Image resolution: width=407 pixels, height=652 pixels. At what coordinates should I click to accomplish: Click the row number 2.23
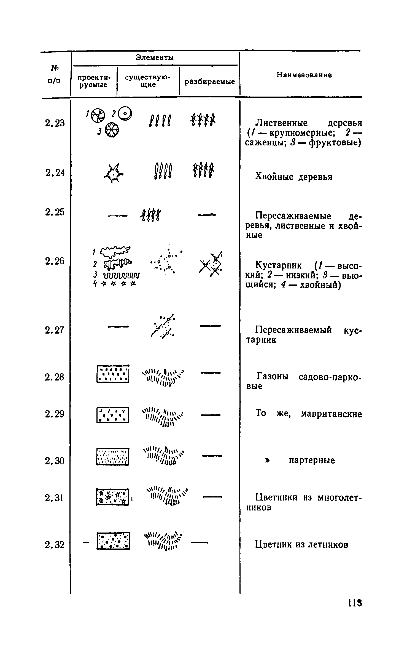(55, 123)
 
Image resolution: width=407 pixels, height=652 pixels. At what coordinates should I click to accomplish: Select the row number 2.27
(55, 330)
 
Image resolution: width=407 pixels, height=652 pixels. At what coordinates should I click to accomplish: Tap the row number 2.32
(55, 545)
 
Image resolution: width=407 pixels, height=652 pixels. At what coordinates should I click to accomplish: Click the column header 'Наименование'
(304, 75)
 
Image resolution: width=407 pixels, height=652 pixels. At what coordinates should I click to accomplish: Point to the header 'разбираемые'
(210, 82)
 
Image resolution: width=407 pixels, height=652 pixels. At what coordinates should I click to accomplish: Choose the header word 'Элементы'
(155, 58)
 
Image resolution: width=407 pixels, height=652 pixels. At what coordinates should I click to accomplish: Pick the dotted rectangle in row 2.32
(113, 541)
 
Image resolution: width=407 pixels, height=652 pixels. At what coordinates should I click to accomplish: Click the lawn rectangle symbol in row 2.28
(113, 374)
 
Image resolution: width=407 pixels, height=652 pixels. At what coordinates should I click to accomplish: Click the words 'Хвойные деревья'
(294, 177)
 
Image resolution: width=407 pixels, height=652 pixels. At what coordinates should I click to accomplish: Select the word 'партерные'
(312, 461)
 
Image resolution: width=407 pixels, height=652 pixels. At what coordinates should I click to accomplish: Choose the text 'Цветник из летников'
(302, 544)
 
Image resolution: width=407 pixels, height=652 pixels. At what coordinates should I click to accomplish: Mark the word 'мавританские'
(331, 414)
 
